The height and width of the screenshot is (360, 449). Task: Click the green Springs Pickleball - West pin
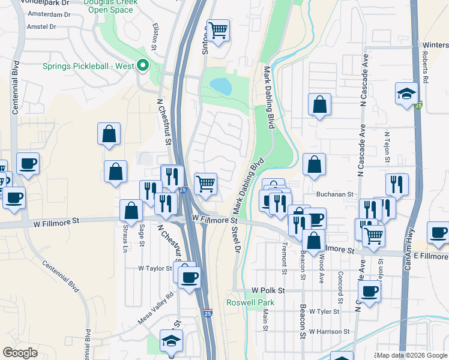[143, 65]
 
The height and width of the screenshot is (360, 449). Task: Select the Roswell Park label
[250, 303]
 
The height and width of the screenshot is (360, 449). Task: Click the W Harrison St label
[329, 331]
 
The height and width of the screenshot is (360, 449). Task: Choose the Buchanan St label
[335, 195]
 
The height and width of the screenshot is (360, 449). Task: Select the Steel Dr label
[236, 238]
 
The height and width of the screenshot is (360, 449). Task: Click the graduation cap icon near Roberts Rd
[406, 94]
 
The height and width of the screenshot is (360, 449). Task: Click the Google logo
[19, 353]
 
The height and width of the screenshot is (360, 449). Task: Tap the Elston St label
[155, 37]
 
